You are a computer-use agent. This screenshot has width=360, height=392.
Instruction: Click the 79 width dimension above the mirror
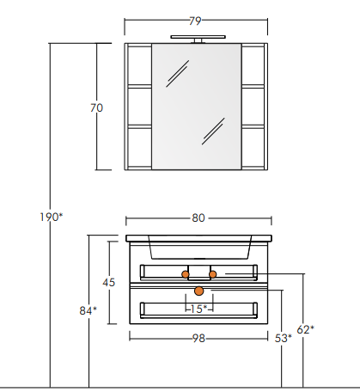pyautogui.click(x=195, y=21)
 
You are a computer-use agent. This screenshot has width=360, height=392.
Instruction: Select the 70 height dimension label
pyautogui.click(x=96, y=108)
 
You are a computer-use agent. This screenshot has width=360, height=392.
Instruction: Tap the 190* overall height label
pyautogui.click(x=51, y=217)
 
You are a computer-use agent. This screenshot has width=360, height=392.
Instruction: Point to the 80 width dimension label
pyautogui.click(x=198, y=218)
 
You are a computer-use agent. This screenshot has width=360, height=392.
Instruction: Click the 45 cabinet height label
pyautogui.click(x=108, y=283)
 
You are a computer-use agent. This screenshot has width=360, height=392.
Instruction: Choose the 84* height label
pyautogui.click(x=88, y=310)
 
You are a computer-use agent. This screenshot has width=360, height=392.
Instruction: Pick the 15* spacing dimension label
pyautogui.click(x=198, y=309)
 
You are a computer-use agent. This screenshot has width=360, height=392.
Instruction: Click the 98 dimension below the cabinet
pyautogui.click(x=198, y=339)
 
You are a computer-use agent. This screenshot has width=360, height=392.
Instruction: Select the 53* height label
pyautogui.click(x=284, y=339)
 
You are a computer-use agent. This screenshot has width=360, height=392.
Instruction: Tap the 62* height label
pyautogui.click(x=305, y=330)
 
